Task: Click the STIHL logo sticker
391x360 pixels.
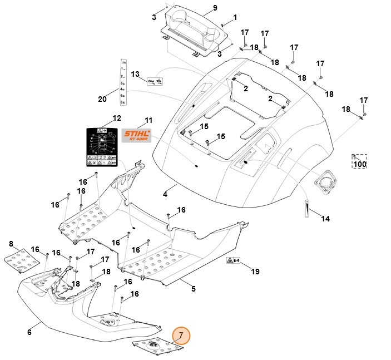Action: pyautogui.click(x=136, y=135)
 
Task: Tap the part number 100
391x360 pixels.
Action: pyautogui.click(x=360, y=164)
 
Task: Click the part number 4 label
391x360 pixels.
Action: pyautogui.click(x=165, y=194)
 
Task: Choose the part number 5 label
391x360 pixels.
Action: pyautogui.click(x=193, y=289)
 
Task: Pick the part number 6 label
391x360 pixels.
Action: pyautogui.click(x=29, y=332)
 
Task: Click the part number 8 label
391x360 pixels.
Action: pyautogui.click(x=11, y=244)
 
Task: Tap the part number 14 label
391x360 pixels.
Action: pyautogui.click(x=325, y=219)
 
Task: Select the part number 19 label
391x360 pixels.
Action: pyautogui.click(x=255, y=272)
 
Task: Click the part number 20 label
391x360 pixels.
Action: pyautogui.click(x=102, y=100)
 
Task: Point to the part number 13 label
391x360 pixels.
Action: pyautogui.click(x=135, y=74)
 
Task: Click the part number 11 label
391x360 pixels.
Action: pyautogui.click(x=148, y=120)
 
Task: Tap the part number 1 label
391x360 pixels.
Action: pyautogui.click(x=235, y=18)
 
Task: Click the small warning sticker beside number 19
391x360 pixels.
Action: pyautogui.click(x=232, y=260)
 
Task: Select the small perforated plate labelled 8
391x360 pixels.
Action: pyautogui.click(x=20, y=259)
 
